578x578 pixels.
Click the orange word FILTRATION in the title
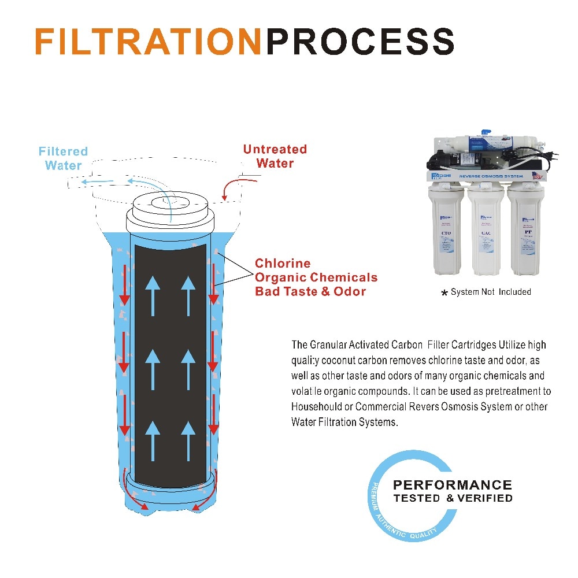(144, 42)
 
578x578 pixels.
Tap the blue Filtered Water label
(63, 158)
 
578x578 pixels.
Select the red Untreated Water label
(275, 156)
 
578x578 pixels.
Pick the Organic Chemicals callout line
(316, 277)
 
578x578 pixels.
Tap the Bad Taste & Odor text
(310, 291)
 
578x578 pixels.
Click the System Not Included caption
(490, 292)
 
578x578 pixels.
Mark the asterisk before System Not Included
(444, 294)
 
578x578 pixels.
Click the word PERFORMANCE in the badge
(452, 485)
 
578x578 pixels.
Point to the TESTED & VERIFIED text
(452, 498)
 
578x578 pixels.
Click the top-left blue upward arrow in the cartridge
(152, 295)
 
